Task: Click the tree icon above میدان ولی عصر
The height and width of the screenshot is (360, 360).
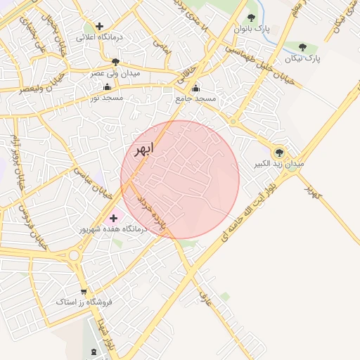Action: click(x=115, y=63)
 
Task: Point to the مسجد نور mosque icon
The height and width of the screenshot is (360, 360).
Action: click(x=107, y=87)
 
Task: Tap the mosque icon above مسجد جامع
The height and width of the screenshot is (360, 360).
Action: click(x=195, y=89)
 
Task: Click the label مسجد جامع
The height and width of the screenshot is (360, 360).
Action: click(x=195, y=98)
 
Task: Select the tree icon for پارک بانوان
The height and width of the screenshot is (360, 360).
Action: click(x=251, y=18)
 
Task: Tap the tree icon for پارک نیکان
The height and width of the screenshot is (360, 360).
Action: click(x=302, y=47)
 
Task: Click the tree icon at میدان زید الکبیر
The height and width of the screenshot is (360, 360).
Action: click(x=279, y=153)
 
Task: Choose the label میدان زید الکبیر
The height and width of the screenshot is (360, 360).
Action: click(x=280, y=163)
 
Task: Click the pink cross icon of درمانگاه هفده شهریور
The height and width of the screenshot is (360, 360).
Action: click(x=113, y=219)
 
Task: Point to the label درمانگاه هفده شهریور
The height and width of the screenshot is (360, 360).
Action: click(x=112, y=229)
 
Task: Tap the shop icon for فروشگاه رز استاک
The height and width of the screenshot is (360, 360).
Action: click(x=85, y=291)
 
